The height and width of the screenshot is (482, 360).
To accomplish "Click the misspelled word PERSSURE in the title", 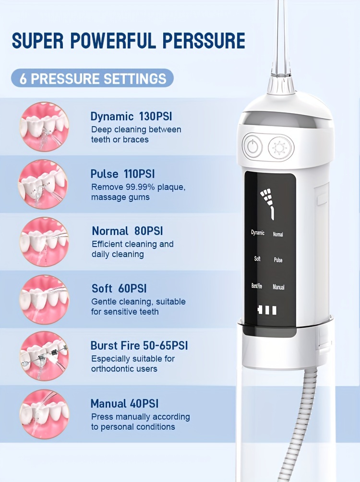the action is click(x=204, y=41).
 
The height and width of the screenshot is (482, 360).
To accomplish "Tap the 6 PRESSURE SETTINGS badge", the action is click(x=92, y=78).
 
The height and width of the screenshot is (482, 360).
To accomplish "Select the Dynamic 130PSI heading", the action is click(x=131, y=117).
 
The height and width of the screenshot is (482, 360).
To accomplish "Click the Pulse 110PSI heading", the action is click(x=122, y=174).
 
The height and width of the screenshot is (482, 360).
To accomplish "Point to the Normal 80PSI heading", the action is click(x=127, y=231).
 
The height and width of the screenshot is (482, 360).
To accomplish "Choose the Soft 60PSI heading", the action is click(x=119, y=289).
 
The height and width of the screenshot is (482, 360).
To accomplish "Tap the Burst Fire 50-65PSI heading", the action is click(x=139, y=346).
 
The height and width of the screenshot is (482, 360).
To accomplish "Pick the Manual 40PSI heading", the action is click(x=125, y=403).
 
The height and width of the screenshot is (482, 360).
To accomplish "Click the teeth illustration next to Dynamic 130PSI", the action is click(x=44, y=127).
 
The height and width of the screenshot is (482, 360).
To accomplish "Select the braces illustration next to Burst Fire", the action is click(x=44, y=356).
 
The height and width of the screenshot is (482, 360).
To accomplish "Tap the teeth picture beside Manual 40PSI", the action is click(x=44, y=414).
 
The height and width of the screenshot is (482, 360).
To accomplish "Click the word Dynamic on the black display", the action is click(x=258, y=233).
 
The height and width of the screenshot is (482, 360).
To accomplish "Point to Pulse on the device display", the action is click(x=278, y=260).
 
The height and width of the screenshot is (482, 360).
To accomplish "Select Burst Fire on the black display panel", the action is click(x=257, y=286).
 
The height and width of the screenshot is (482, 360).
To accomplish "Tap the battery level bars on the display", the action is click(x=267, y=310).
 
